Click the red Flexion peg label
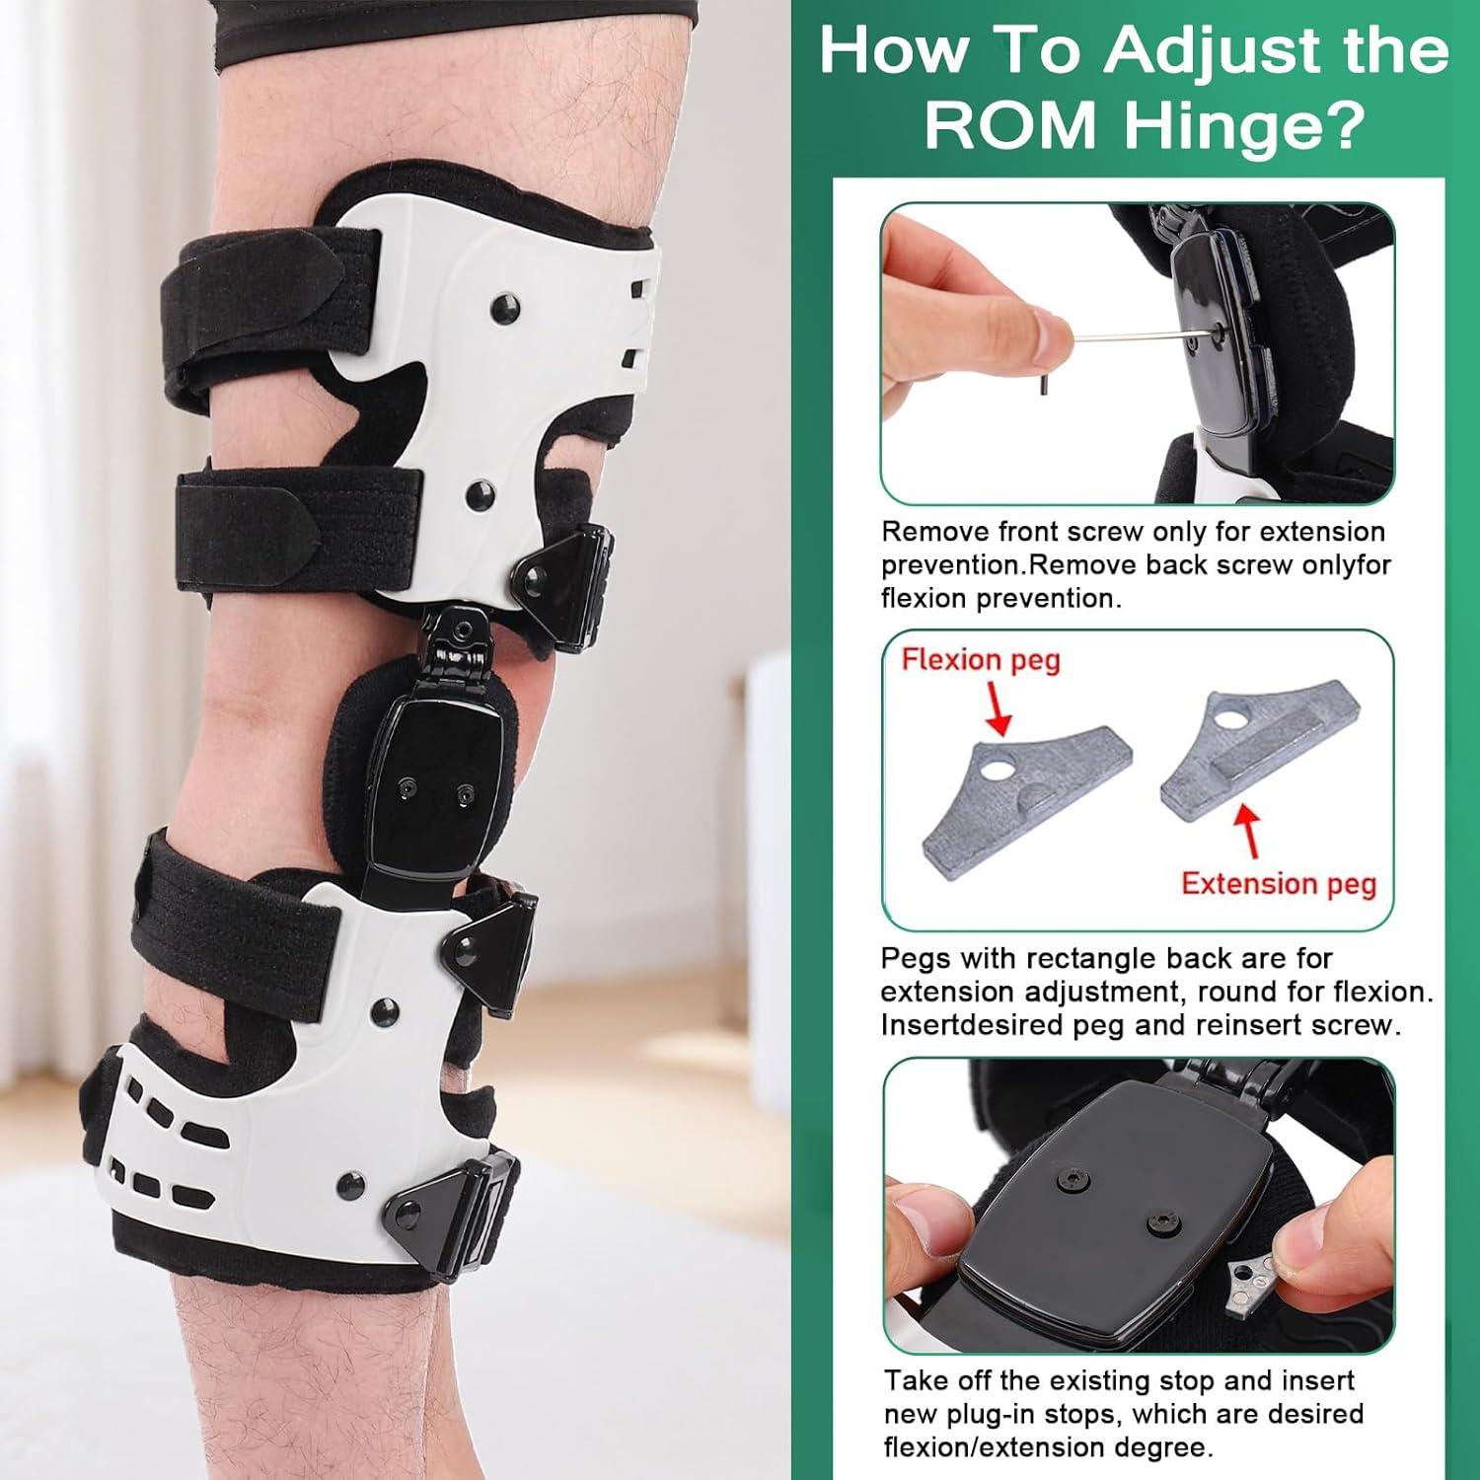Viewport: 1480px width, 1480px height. click(x=981, y=659)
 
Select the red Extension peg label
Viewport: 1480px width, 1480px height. click(x=1279, y=883)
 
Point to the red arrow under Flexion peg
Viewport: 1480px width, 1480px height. click(x=998, y=711)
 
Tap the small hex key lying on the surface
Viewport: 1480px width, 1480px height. click(x=1043, y=384)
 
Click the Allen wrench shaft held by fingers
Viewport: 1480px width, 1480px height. click(x=1135, y=339)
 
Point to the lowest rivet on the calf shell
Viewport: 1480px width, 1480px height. click(x=348, y=1182)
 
